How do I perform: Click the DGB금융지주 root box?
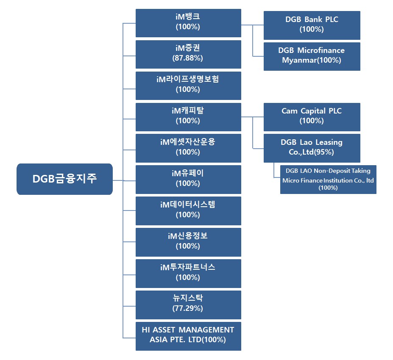(x=64, y=179)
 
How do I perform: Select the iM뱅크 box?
(x=188, y=22)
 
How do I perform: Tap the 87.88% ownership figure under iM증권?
(x=188, y=58)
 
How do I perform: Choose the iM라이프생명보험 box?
(x=188, y=85)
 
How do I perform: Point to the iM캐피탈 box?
(x=188, y=116)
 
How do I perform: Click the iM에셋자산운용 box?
(x=188, y=148)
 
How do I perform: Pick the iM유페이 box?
(x=188, y=179)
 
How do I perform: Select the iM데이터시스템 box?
(x=188, y=210)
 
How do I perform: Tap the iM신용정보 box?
(x=188, y=242)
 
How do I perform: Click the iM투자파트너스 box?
(x=188, y=273)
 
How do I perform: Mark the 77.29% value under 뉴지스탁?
(x=188, y=309)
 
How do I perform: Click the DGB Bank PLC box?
(x=312, y=25)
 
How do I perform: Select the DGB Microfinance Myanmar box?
(x=312, y=56)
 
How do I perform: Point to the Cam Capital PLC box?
(x=312, y=116)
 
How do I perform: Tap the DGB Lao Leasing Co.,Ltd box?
(x=312, y=148)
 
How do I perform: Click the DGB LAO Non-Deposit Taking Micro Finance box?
(x=328, y=179)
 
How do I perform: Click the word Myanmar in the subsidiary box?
(x=298, y=61)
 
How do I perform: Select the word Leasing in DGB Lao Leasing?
(x=326, y=142)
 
